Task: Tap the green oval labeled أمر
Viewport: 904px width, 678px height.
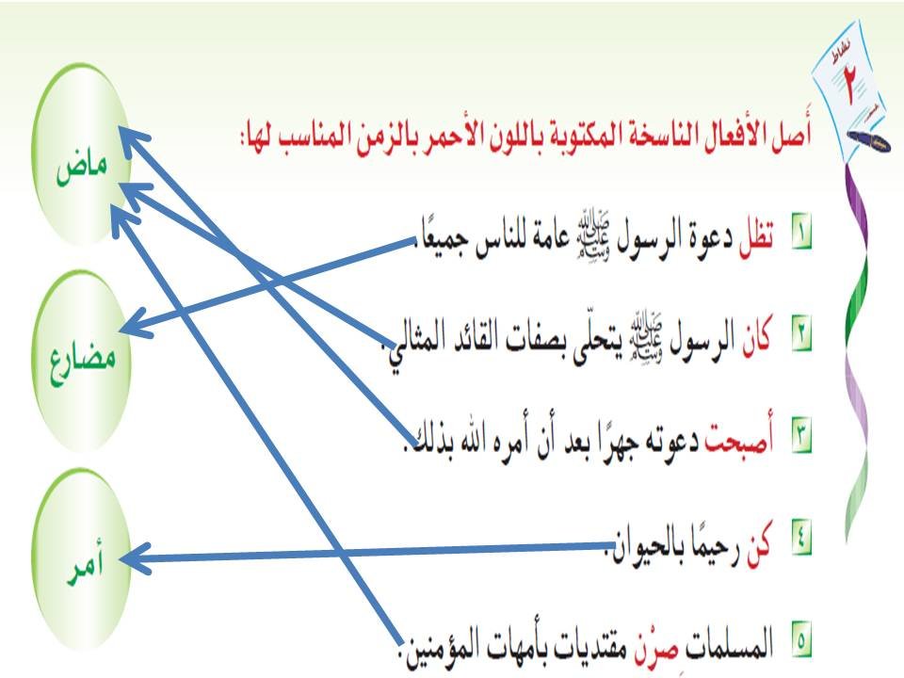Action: (82, 562)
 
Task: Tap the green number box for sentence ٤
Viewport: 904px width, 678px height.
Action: (801, 543)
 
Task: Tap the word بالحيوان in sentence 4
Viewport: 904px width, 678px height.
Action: (649, 545)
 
